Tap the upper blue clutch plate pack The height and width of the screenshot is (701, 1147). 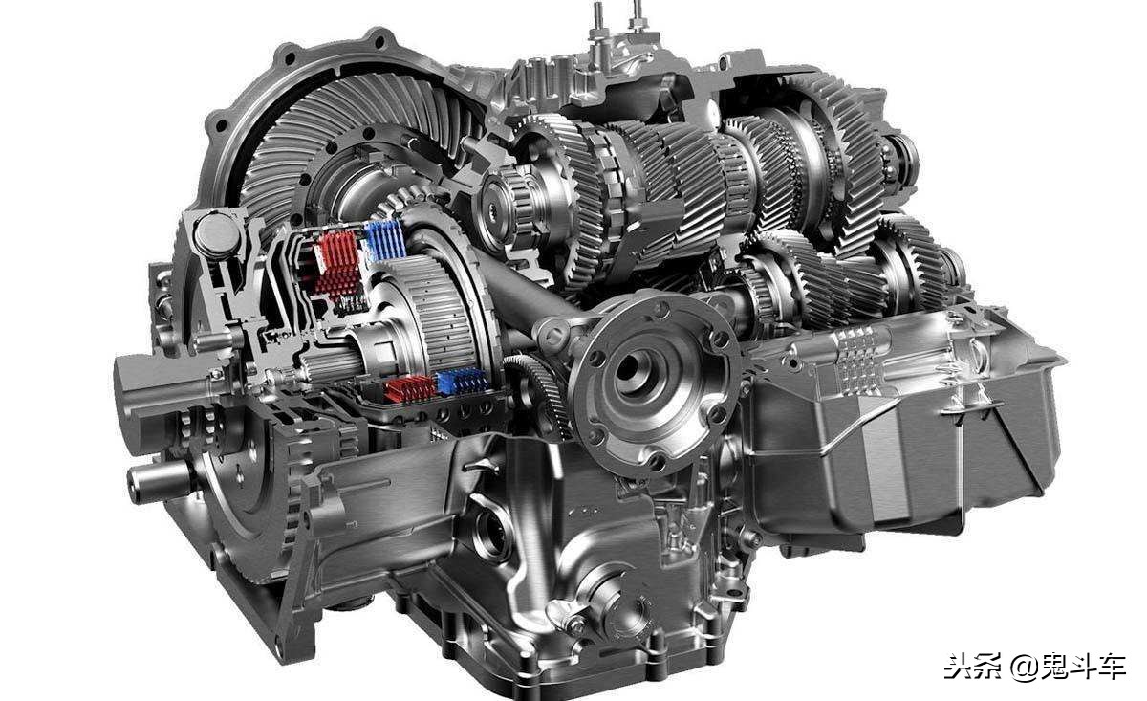coord(385,240)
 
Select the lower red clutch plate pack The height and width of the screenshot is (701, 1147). coord(411,388)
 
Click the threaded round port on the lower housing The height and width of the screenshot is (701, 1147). coord(491,533)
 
